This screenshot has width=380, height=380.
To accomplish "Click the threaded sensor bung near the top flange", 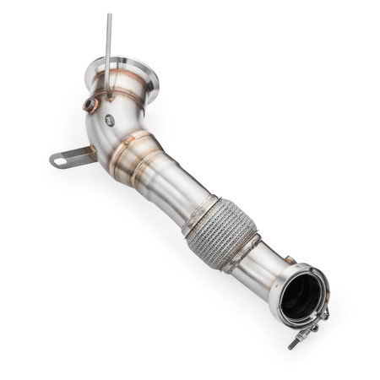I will coord(89,105).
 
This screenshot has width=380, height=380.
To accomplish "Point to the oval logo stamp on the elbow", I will coord(110,120).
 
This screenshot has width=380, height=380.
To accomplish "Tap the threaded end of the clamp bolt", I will coord(295,343).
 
